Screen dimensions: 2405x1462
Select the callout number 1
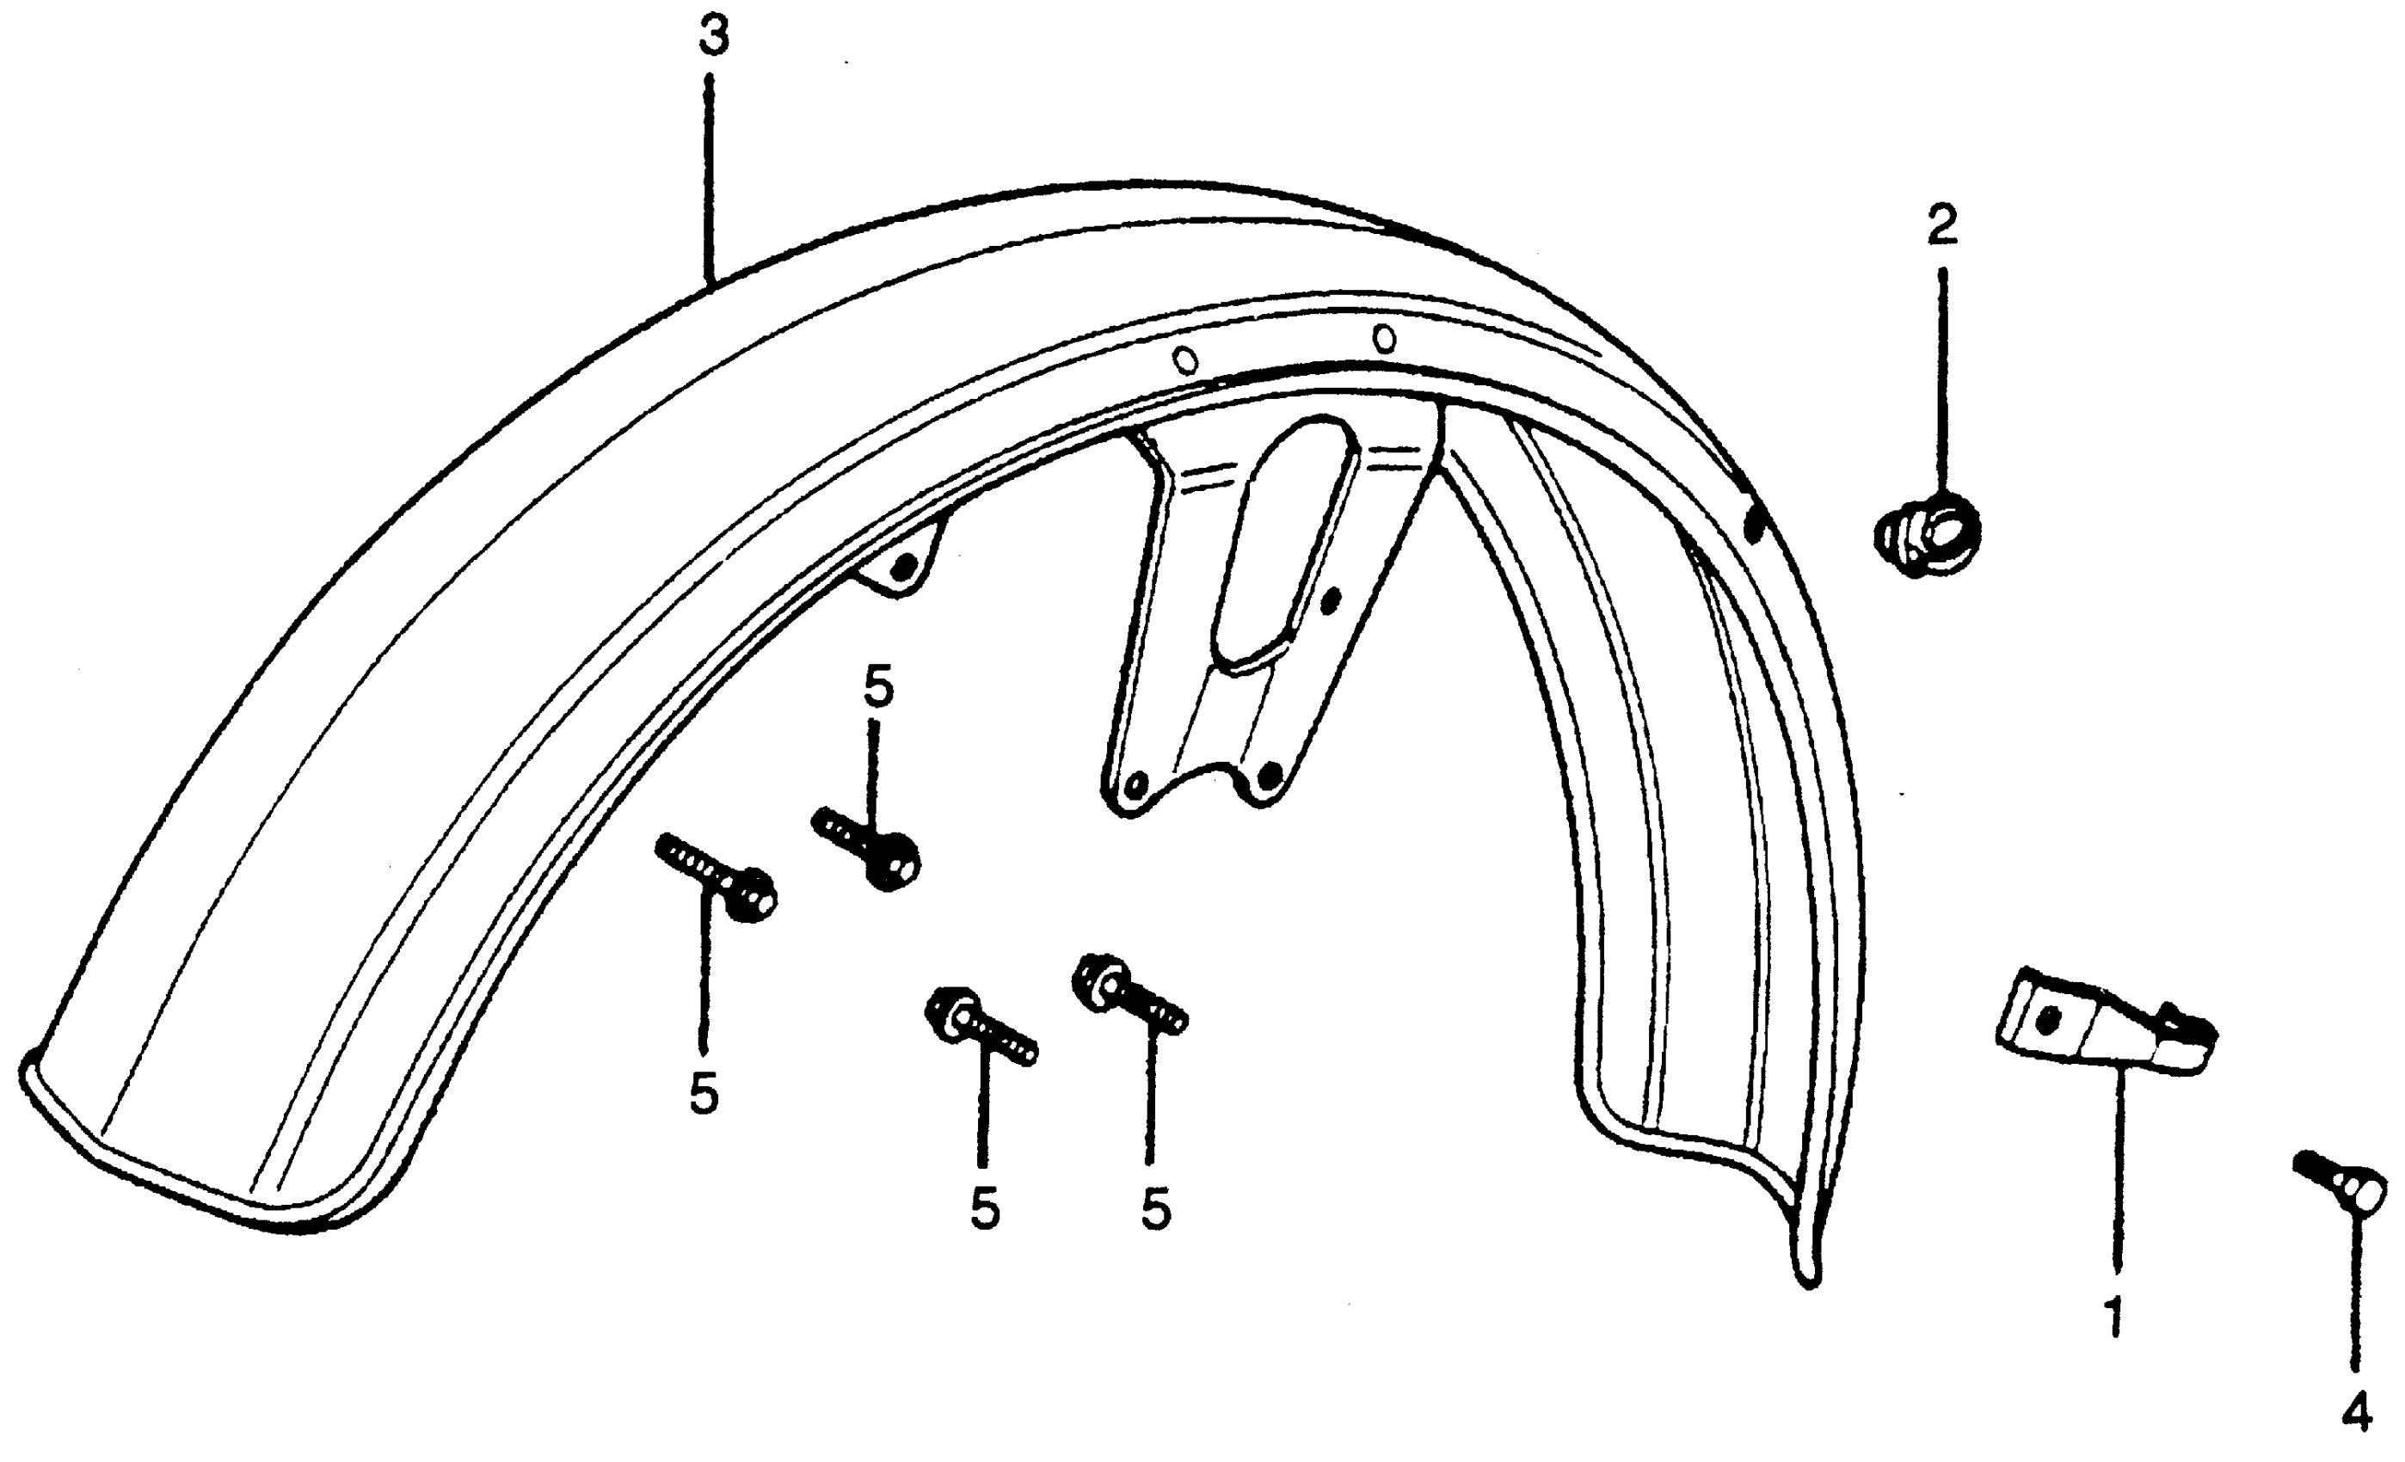point(2114,1317)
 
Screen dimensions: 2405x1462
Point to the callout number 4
point(2357,1412)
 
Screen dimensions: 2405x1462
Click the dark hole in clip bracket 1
point(2049,1021)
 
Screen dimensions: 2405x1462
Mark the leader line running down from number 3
point(710,175)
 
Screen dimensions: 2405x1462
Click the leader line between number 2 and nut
point(1941,381)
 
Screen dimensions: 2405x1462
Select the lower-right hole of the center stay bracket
point(1269,777)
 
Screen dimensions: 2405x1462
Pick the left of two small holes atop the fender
point(1185,362)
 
